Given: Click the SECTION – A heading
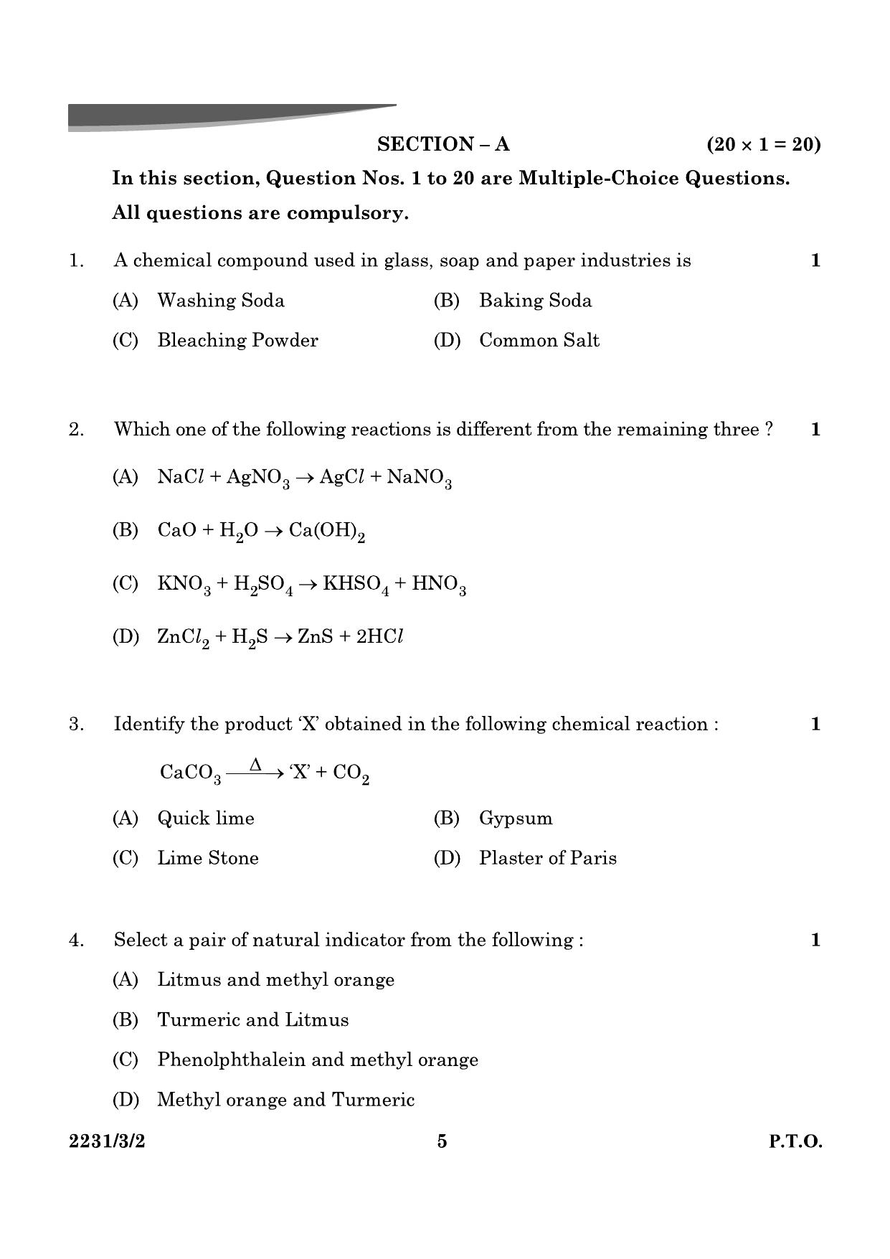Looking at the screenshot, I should pos(443,144).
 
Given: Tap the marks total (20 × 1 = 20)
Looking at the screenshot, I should pos(763,144).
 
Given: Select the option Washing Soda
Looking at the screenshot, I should pos(220,301).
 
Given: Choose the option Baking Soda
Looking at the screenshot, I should pos(535,301).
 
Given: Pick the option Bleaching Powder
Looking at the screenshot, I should pos(237,341).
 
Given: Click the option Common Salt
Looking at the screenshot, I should pos(539,341).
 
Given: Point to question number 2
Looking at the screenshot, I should pos(76,430).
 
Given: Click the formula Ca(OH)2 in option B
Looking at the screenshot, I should pos(327,532).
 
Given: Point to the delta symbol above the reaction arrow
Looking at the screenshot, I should pos(255,765).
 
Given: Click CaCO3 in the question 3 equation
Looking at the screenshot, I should pos(190,773).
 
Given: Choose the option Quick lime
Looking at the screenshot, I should pos(206,819).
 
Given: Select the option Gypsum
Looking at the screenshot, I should pos(516,819).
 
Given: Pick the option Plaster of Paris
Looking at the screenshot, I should pos(547,859).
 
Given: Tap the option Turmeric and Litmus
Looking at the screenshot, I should pos(252,1020).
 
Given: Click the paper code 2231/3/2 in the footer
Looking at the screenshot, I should pos(107,1141).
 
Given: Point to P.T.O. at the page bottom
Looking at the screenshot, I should pos(795,1141).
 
